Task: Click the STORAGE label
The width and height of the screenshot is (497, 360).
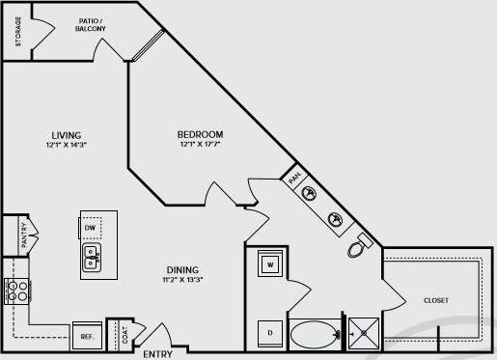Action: [18, 32]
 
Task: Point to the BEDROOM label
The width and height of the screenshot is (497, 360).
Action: [200, 134]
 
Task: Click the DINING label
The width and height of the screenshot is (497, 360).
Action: [181, 269]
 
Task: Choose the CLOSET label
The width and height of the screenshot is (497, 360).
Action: [436, 300]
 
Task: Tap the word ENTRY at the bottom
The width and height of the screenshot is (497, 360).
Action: [158, 354]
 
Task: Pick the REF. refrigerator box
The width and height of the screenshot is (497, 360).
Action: [86, 337]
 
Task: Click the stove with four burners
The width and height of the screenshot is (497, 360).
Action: [16, 291]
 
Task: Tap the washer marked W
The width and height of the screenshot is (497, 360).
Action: [269, 263]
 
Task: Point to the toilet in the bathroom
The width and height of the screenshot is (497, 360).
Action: [356, 247]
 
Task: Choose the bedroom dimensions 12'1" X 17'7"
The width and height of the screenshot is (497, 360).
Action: [200, 145]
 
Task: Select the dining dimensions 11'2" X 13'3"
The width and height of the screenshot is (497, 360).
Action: [181, 280]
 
